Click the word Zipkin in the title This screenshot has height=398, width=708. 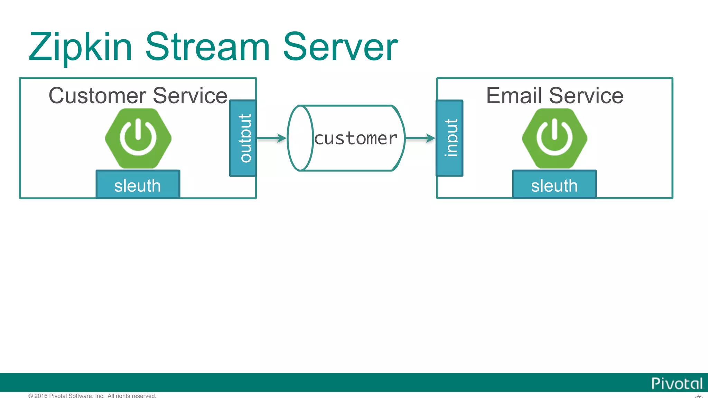pyautogui.click(x=80, y=47)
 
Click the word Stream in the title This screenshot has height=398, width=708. pyautogui.click(x=207, y=47)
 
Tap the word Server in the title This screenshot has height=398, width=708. pyautogui.click(x=340, y=47)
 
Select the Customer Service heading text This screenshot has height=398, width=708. pyautogui.click(x=138, y=96)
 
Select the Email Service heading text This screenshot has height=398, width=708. pyautogui.click(x=555, y=96)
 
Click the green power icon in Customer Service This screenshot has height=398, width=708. pyautogui.click(x=138, y=138)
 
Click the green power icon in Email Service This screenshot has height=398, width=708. pyautogui.click(x=555, y=138)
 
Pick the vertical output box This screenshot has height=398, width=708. pyautogui.click(x=243, y=138)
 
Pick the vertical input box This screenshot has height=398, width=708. pyautogui.click(x=450, y=138)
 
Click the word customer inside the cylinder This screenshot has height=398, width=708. pyautogui.click(x=356, y=139)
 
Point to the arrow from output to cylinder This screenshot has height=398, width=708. pyautogui.click(x=272, y=138)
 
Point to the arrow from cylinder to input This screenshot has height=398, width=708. pyautogui.click(x=420, y=138)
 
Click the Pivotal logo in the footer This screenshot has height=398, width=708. pyautogui.click(x=677, y=383)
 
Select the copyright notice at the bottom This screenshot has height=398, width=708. pyautogui.click(x=92, y=396)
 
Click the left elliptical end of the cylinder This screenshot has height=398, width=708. pyautogui.click(x=300, y=138)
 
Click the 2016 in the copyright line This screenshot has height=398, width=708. pyautogui.click(x=41, y=396)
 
